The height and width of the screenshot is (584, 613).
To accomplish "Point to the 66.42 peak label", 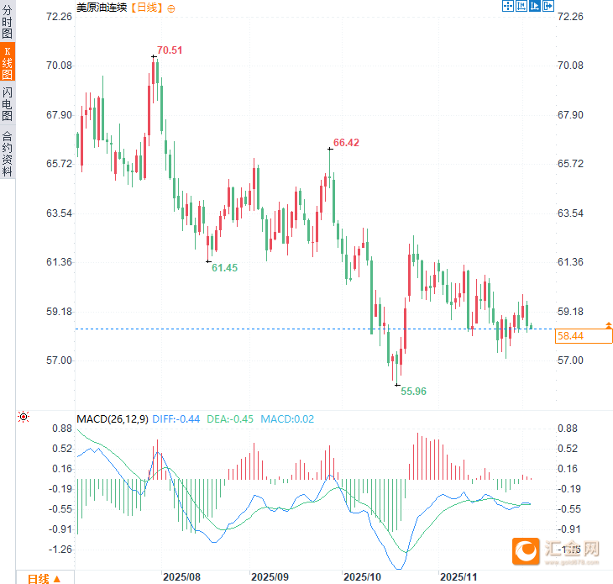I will pos(346,143).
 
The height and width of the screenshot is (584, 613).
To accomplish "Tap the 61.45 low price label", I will pos(224,268).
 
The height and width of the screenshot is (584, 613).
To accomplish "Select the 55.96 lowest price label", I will pos(413,391).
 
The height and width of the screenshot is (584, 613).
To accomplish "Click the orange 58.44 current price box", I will pos(583,336).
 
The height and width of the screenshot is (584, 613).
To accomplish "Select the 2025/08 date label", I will pos(181,577).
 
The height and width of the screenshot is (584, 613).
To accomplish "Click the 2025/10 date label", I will pos(363,577).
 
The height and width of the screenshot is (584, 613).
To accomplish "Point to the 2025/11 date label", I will pos(458,577).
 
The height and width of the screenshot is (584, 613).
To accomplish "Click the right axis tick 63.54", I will pos(570,213).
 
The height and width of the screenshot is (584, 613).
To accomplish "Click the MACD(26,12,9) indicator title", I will pos(112,418).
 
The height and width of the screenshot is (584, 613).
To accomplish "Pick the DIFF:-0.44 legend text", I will pos(176,418).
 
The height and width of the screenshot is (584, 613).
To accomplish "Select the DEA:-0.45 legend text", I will pos(230,418).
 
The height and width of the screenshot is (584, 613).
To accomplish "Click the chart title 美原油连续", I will pos(101,8).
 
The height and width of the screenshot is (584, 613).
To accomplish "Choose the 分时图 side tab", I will pos(8,23).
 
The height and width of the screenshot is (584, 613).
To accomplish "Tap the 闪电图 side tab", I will pos(8,103).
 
